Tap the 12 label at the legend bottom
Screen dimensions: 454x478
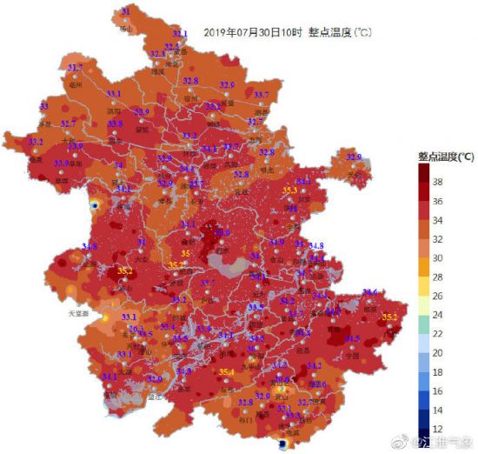(x=462, y=429)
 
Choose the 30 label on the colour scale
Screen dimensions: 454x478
(x=462, y=258)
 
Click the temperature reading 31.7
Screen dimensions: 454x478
(x=76, y=68)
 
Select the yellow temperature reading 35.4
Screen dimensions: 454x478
(x=226, y=373)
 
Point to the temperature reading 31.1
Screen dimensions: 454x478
(x=179, y=34)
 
